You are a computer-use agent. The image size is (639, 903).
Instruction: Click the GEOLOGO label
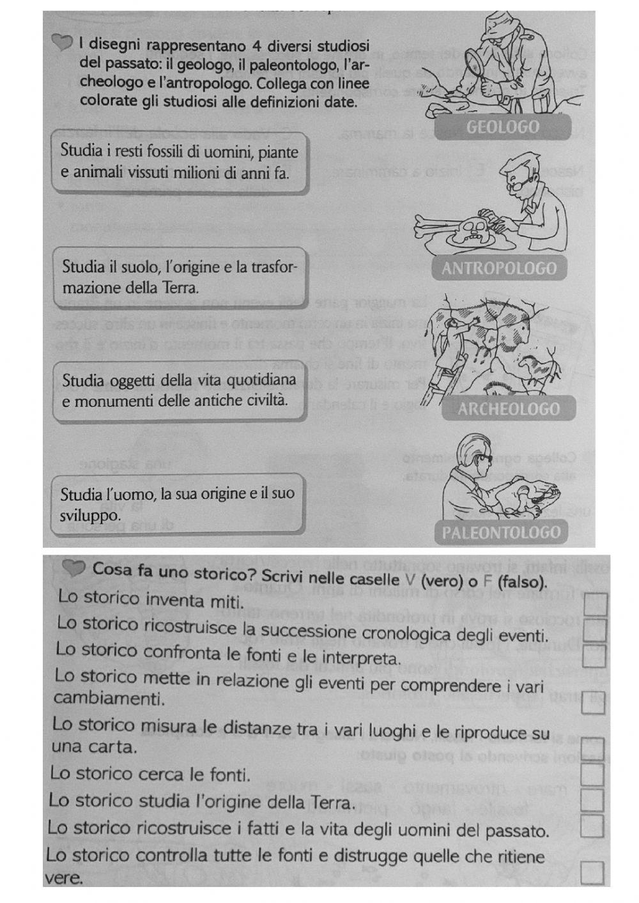tap(503, 127)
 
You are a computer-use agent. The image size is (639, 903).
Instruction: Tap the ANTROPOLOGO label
tap(499, 268)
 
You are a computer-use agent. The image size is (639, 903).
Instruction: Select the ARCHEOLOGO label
tap(508, 409)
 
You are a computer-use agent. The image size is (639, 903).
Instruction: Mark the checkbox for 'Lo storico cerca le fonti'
tap(592, 774)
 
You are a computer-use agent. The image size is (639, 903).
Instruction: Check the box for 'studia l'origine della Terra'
tap(592, 800)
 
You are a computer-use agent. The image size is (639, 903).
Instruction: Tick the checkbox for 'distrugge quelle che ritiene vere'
tap(592, 873)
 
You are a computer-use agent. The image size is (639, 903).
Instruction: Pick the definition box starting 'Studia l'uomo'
tap(177, 504)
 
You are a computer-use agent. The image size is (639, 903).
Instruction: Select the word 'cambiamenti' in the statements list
tap(109, 698)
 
